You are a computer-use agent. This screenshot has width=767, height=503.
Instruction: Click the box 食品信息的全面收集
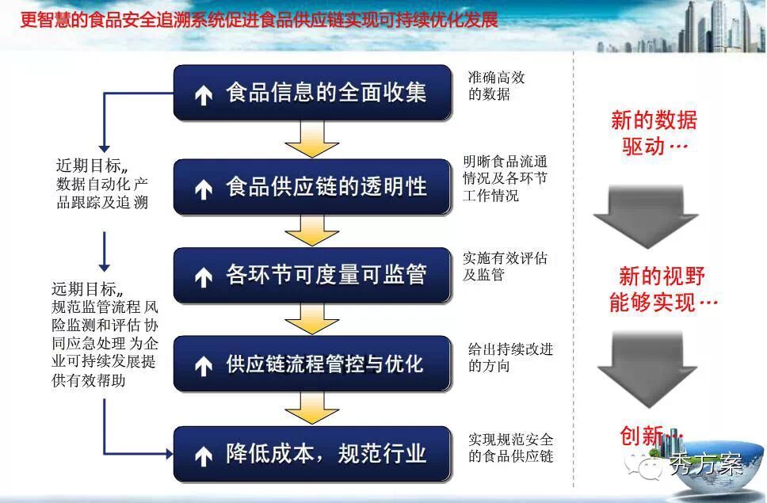pos(312,93)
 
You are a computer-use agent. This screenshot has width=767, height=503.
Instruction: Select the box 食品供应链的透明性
pos(312,187)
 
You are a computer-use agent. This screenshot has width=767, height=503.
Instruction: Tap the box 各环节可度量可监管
pos(312,275)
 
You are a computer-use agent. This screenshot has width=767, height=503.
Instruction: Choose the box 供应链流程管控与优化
pos(312,364)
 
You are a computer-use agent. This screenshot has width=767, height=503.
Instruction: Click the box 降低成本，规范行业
pos(312,454)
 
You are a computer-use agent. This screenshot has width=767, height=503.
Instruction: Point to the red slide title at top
pos(259,20)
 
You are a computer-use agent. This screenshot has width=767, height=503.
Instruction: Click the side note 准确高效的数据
pos(496,85)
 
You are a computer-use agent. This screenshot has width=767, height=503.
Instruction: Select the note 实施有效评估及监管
pos(505,266)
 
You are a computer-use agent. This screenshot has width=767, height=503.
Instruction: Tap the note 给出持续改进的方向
pos(510,357)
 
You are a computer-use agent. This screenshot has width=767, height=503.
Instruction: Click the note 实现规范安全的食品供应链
pos(510,448)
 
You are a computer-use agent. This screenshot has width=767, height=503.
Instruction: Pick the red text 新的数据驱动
pos(654,133)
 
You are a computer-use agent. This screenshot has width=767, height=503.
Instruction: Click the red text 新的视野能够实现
pos(663,289)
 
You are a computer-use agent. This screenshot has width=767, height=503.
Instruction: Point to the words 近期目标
pos(88,166)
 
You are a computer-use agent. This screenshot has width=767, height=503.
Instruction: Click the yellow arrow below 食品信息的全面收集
pos(311,139)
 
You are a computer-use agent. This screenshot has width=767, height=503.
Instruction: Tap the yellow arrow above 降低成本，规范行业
pos(311,408)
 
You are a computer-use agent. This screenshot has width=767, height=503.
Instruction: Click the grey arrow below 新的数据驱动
pos(647,216)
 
